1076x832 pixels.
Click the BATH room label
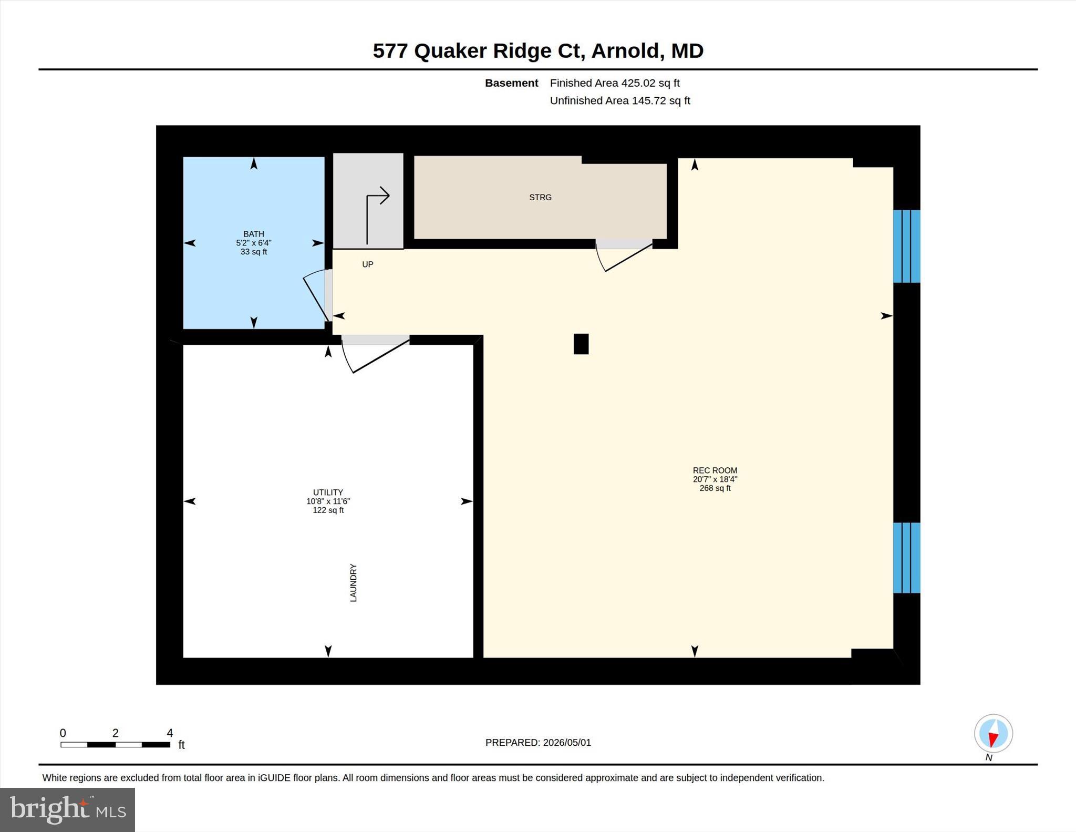[254, 234]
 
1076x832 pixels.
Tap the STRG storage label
[540, 198]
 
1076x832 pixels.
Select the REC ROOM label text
[715, 470]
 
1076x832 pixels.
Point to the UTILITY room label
[328, 492]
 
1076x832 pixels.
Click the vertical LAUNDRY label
[354, 583]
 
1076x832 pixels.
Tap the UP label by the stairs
[368, 264]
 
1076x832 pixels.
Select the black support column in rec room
[581, 344]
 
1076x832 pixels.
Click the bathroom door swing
[316, 295]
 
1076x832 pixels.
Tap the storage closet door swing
[623, 256]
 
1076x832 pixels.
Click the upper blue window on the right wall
[907, 246]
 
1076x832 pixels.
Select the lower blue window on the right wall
[907, 558]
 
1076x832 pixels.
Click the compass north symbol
[993, 733]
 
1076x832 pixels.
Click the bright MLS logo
[68, 809]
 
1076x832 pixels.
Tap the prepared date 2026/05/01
[567, 743]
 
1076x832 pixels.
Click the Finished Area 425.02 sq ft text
[615, 83]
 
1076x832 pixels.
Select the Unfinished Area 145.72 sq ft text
[620, 100]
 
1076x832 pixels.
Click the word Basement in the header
[511, 83]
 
